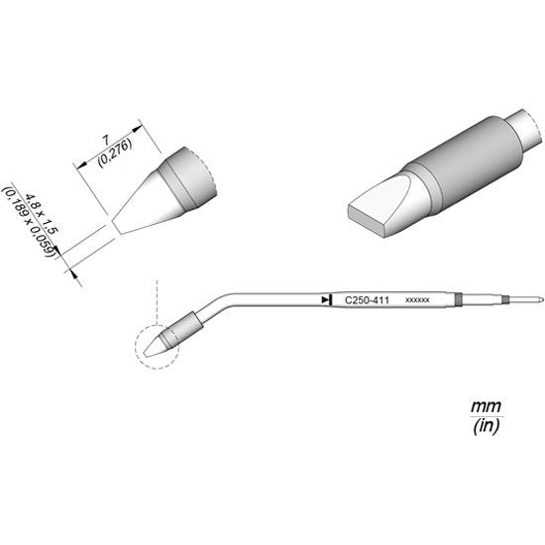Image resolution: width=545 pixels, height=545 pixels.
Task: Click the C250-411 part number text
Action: pos(367,300)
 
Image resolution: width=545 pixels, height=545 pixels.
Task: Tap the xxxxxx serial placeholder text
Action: pos(417,300)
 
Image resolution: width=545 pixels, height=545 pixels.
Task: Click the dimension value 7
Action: pos(105,141)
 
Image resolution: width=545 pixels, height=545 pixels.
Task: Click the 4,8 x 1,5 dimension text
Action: pos(42,214)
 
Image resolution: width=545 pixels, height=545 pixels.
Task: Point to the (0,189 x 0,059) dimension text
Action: pos(29,222)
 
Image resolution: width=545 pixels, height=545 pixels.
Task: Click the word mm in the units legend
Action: pos(486,406)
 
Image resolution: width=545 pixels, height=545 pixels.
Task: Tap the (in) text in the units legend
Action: pos(487,425)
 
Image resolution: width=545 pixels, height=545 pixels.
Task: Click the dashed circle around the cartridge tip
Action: pos(136,348)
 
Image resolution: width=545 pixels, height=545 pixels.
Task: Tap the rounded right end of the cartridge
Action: pos(541,299)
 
